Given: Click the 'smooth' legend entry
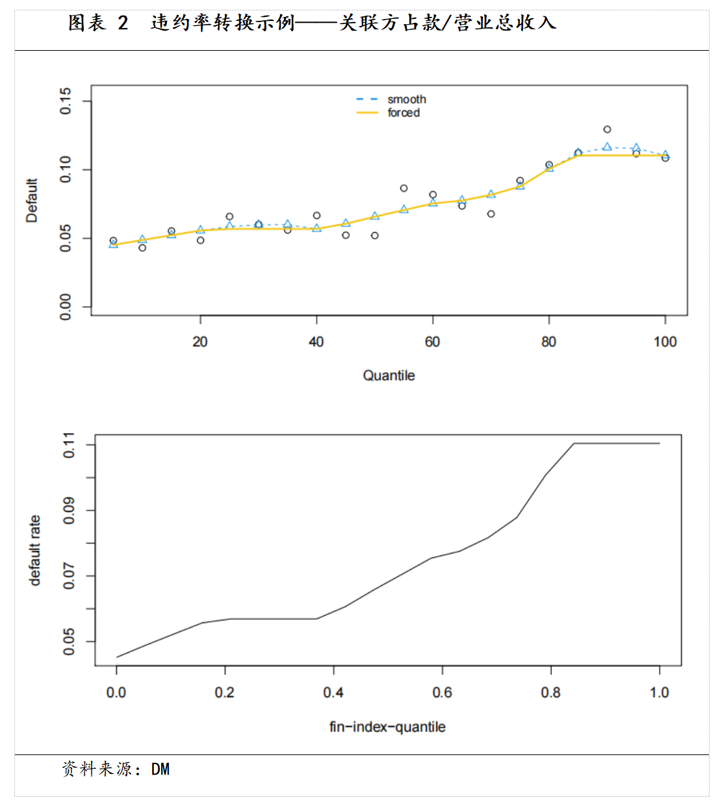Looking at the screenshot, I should coord(407,100).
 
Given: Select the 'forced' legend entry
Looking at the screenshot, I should coord(404,113).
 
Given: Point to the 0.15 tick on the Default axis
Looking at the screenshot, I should coord(66,101).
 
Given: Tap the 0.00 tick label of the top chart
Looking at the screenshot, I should coord(66,307).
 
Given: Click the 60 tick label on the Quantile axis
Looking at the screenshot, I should coord(432,342).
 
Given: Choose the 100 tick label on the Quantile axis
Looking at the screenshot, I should coord(665,342).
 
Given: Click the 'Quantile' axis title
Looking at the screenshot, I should coord(389,375).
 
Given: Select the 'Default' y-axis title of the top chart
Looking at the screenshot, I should coord(32,200).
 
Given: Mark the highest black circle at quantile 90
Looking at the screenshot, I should coord(607,129).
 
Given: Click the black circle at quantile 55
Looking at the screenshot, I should coord(404,188).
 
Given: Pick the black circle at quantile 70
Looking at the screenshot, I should coord(491,214).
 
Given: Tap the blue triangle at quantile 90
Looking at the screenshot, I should coord(607,147).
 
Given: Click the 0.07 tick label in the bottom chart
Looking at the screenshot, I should coord(70,576).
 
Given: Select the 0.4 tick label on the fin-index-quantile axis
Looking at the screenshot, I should coord(333,693).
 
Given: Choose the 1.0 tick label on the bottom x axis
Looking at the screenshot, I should coord(660,693).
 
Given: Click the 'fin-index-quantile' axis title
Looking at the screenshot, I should coord(387,726).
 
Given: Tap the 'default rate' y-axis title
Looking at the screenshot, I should coord(35,550).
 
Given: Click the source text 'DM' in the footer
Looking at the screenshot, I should coord(161,769).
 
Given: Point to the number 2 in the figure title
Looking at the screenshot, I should coord(123,23).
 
